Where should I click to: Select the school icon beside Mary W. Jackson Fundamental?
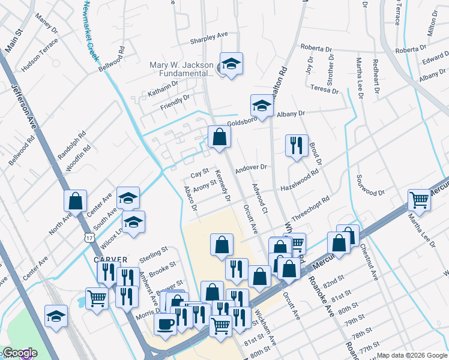coord(231,64)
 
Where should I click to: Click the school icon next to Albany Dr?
coord(261,106)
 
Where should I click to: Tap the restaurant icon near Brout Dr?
coord(297,146)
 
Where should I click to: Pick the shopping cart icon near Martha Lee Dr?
coord(419,200)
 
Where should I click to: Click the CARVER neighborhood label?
coord(110,260)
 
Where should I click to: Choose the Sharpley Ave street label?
coord(209,37)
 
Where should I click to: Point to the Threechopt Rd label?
coord(310,208)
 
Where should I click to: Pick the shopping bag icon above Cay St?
coord(219,137)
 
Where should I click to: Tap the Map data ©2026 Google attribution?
coord(411,355)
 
